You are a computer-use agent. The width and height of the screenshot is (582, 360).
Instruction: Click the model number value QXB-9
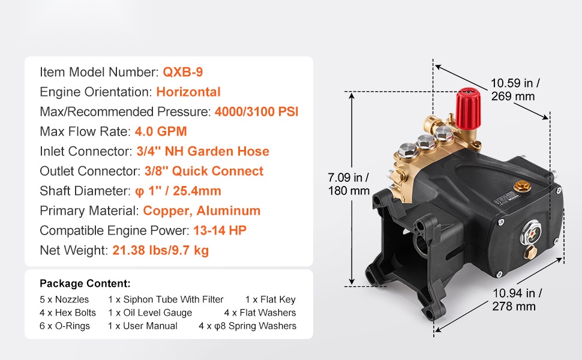pyautogui.click(x=182, y=72)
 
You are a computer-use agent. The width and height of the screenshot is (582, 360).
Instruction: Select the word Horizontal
pyautogui.click(x=188, y=92)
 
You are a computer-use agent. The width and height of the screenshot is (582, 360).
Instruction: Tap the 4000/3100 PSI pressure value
pyautogui.click(x=256, y=112)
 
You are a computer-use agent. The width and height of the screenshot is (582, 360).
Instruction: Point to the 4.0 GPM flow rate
pyautogui.click(x=161, y=131)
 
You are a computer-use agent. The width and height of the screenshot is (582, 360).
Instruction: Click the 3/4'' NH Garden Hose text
pyautogui.click(x=203, y=151)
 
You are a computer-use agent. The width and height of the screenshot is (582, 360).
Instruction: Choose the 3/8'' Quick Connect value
pyautogui.click(x=204, y=171)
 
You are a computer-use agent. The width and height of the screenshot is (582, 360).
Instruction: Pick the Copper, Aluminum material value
pyautogui.click(x=202, y=211)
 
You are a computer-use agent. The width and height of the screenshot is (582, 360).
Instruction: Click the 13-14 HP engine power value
pyautogui.click(x=220, y=230)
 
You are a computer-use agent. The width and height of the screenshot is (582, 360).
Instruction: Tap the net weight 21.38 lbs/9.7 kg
pyautogui.click(x=160, y=251)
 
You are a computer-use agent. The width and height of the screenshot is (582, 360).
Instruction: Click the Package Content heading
pyautogui.click(x=85, y=284)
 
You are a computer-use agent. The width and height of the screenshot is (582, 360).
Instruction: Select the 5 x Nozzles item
pyautogui.click(x=64, y=299)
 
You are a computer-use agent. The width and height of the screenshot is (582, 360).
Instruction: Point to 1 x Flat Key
pyautogui.click(x=270, y=299)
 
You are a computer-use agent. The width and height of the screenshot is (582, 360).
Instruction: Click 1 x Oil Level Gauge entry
pyautogui.click(x=150, y=313)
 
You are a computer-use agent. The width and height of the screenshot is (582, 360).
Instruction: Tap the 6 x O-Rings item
pyautogui.click(x=65, y=326)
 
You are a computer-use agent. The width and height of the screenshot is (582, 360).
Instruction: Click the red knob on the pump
pyautogui.click(x=468, y=109)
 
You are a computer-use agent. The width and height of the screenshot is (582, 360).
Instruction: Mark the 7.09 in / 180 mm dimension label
pyautogui.click(x=349, y=184)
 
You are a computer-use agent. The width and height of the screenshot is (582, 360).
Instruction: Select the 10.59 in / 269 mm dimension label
pyautogui.click(x=515, y=89)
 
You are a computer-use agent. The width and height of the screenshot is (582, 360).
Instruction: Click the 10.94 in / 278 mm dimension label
pyautogui.click(x=517, y=300)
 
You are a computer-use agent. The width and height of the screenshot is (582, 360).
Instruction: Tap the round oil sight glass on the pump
pyautogui.click(x=531, y=232)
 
